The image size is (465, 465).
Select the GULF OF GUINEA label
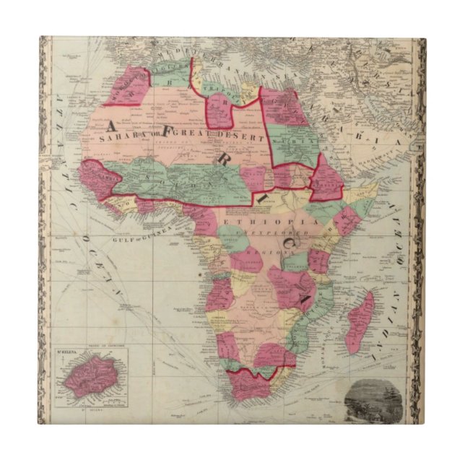point(138,230)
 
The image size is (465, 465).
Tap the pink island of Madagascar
point(362,322)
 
